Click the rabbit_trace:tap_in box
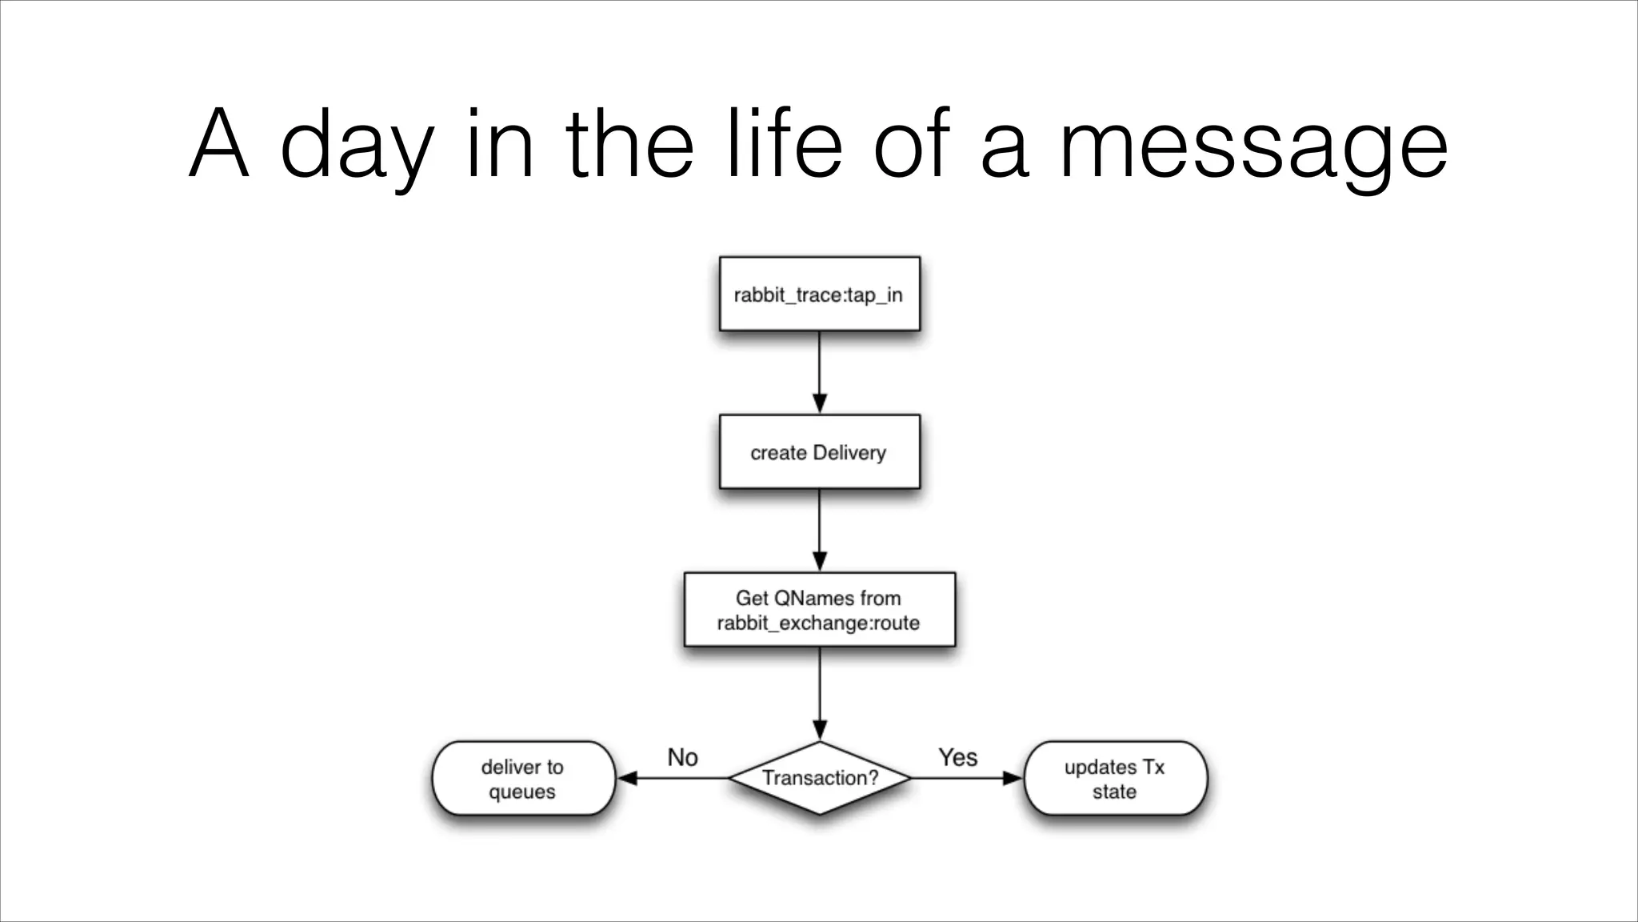[x=819, y=294]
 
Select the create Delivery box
[x=819, y=452]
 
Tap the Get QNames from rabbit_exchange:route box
[x=819, y=610]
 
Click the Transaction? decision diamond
[x=819, y=778]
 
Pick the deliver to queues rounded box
[x=523, y=779]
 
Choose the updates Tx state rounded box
[x=1114, y=779]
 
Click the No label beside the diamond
[x=682, y=757]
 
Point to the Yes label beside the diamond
[x=957, y=757]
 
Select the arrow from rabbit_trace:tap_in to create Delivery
[x=819, y=372]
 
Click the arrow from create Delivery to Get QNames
[x=819, y=530]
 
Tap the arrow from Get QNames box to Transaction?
[x=819, y=693]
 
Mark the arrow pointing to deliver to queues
[x=672, y=778]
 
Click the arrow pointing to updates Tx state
[x=968, y=778]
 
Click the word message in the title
[x=1253, y=148]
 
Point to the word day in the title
[x=358, y=148]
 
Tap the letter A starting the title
[x=218, y=144]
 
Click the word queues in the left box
[x=522, y=792]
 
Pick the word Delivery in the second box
[x=849, y=453]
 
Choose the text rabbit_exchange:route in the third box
[x=818, y=623]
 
